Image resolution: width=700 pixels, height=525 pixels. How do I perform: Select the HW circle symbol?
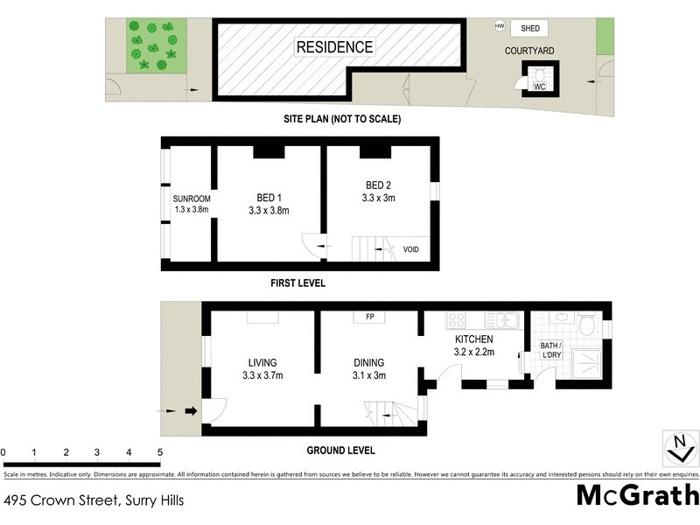tap(500, 27)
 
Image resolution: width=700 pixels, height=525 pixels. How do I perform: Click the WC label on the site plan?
tap(539, 87)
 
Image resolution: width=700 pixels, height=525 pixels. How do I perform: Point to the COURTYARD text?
tap(529, 52)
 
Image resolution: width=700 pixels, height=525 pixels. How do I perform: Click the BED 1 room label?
tap(269, 196)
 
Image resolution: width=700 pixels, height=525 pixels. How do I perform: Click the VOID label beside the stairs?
tap(410, 249)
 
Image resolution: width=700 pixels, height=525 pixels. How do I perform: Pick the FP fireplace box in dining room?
tap(369, 318)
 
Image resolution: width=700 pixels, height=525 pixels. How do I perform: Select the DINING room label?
tap(368, 362)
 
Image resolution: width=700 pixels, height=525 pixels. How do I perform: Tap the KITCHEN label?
tap(474, 339)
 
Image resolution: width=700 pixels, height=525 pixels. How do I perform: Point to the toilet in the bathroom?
tap(589, 325)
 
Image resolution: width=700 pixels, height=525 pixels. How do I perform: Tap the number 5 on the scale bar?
tap(160, 452)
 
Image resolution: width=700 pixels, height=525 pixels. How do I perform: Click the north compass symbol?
tap(679, 447)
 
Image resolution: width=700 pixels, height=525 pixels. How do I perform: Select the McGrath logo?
tap(636, 494)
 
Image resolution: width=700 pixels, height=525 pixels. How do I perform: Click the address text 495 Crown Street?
tap(61, 501)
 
